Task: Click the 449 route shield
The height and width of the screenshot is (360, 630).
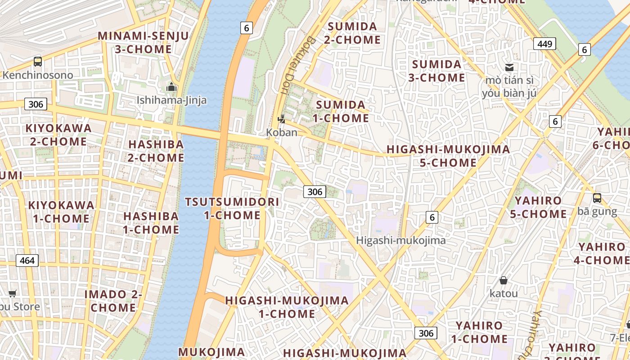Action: pos(544,44)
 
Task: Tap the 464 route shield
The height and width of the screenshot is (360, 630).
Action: pos(27,260)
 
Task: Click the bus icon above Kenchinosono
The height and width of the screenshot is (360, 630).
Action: pos(38,62)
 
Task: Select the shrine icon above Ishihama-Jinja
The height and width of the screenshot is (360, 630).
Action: pos(171,87)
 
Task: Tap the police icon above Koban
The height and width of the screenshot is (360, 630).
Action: pos(282,119)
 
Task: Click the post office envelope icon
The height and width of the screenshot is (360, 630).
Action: pos(509,67)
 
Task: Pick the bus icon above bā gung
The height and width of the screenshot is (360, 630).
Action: pos(597,198)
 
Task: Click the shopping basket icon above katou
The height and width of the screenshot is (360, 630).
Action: pos(504,280)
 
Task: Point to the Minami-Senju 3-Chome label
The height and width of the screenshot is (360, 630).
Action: pos(144,42)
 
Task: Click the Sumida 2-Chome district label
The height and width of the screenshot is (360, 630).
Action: pos(352,33)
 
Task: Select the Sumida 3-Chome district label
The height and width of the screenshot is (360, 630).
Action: pos(436,71)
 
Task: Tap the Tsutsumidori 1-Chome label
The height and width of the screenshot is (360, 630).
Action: pos(232,208)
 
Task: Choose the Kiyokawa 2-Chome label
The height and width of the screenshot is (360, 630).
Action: pos(58,135)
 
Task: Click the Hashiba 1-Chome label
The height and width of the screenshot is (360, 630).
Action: pos(151,223)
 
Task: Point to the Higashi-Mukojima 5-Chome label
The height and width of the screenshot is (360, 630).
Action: pos(448,156)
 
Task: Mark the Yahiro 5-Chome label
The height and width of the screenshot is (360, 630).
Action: pos(538,207)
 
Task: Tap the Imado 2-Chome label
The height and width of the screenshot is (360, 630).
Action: pos(113,301)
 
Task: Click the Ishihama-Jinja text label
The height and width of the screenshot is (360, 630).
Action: pos(171,100)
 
